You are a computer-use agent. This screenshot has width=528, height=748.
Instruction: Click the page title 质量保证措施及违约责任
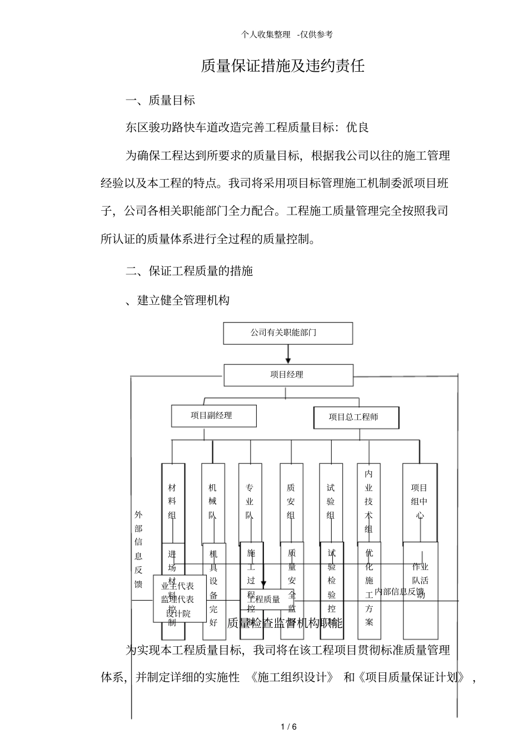[282, 66]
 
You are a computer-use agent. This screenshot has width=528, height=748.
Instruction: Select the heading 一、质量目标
[160, 100]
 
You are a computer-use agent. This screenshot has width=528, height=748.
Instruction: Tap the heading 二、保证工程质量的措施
[189, 271]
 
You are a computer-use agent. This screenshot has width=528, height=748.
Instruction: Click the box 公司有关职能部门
[287, 333]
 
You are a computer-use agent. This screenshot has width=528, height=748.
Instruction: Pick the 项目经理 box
[287, 374]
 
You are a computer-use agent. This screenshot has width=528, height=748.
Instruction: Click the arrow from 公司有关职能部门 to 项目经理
[288, 354]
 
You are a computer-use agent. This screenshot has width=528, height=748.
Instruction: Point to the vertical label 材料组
[172, 502]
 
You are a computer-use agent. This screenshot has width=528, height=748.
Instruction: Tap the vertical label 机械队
[213, 502]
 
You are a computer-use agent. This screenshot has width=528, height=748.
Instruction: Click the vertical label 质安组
[291, 502]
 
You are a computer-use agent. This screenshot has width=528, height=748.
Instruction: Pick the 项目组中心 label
[420, 502]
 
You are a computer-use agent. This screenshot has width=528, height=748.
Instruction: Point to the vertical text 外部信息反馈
[138, 549]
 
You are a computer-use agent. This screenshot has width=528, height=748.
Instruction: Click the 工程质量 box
[265, 599]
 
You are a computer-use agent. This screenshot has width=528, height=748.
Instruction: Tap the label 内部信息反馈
[399, 591]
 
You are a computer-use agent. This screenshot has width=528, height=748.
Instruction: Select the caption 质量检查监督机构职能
[285, 623]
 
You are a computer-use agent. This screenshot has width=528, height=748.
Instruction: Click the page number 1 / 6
[289, 727]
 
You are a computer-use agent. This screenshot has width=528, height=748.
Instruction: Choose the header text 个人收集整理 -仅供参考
[287, 34]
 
